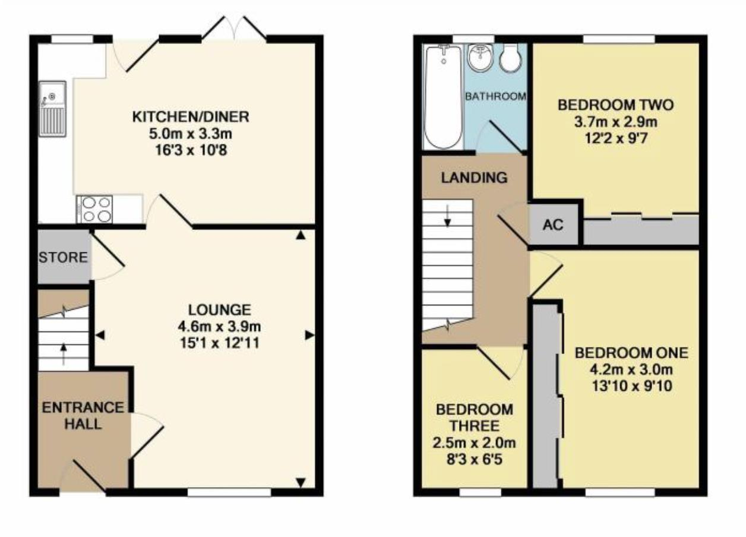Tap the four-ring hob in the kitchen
[96, 209]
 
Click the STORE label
[63, 258]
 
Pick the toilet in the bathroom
[510, 58]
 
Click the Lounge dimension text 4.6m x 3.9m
[220, 326]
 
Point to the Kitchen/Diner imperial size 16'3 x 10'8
[191, 150]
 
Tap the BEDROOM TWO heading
[615, 106]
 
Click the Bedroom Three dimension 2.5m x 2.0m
[475, 443]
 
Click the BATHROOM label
[495, 96]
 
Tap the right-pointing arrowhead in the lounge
[309, 336]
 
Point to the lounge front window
[230, 492]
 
